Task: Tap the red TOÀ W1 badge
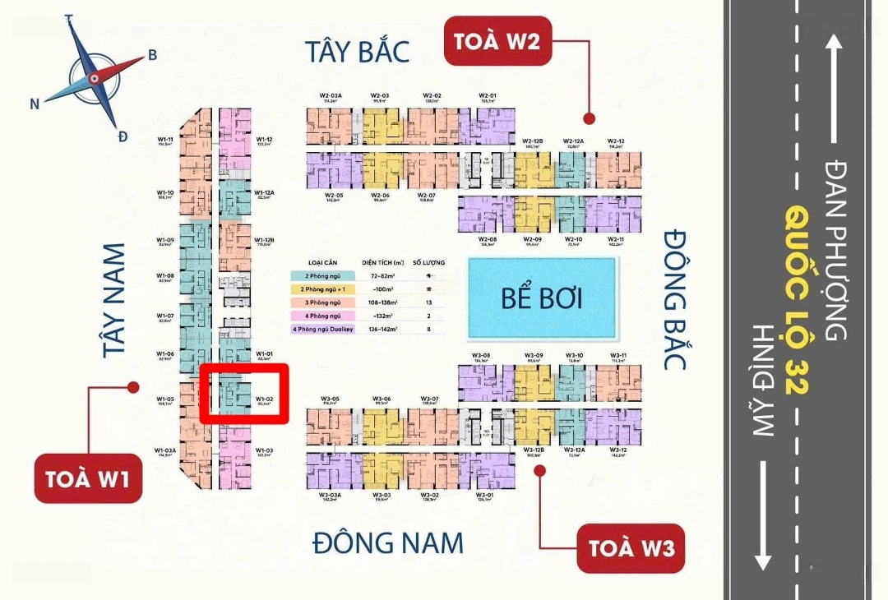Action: pyautogui.click(x=88, y=478)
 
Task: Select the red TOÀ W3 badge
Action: pyautogui.click(x=631, y=547)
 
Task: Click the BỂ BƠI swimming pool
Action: pyautogui.click(x=541, y=298)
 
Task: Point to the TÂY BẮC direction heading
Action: pyautogui.click(x=357, y=51)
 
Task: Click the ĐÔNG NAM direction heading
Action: pyautogui.click(x=388, y=542)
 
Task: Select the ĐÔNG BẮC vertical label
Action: pyautogui.click(x=676, y=299)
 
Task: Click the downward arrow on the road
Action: pyautogui.click(x=764, y=515)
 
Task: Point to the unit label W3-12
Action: pyautogui.click(x=618, y=451)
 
